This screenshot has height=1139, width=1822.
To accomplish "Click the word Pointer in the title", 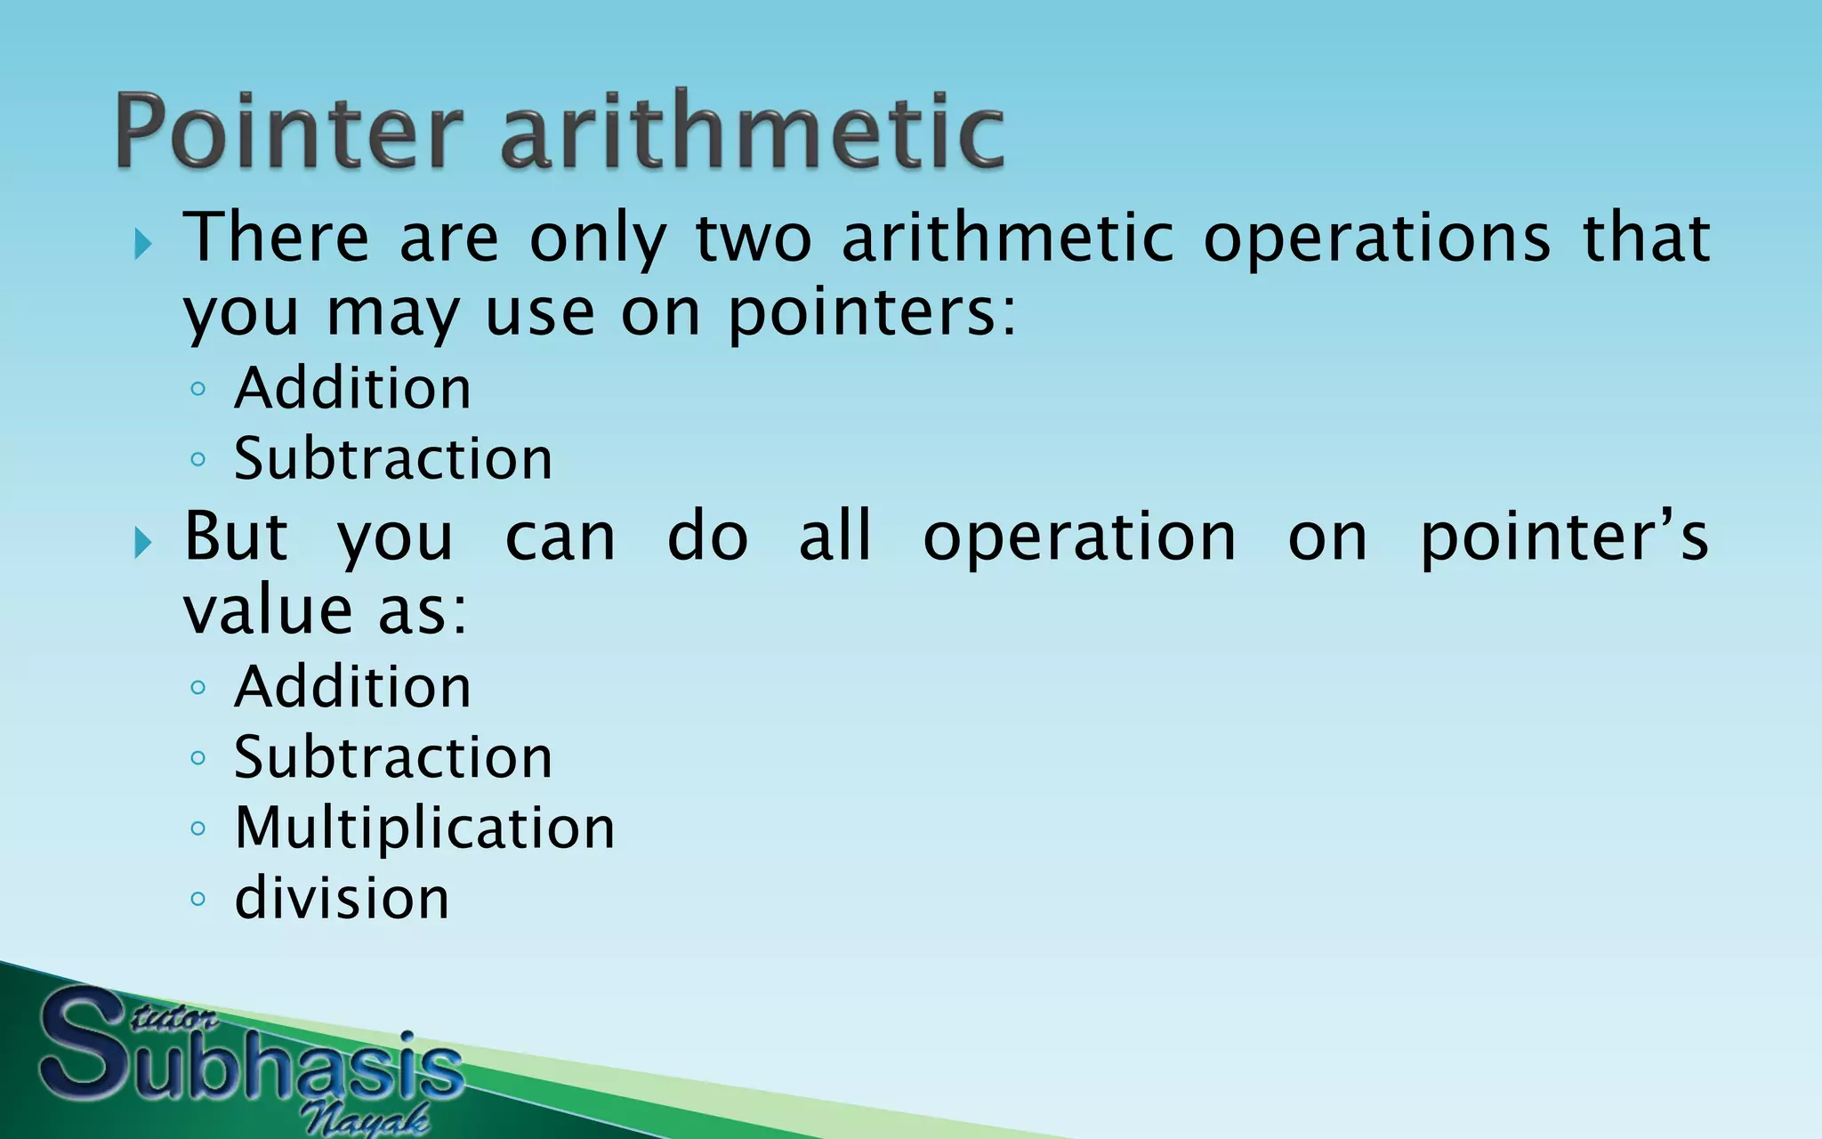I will point(289,132).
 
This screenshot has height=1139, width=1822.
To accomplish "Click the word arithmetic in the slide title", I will point(752,132).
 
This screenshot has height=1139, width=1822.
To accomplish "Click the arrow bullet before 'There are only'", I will point(143,242).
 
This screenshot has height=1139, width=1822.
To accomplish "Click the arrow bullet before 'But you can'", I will point(143,541).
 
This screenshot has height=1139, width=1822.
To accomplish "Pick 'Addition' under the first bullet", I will point(352,388).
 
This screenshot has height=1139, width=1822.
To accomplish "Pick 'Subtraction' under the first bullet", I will point(392,458).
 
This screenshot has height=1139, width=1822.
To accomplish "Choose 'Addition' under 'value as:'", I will point(352,687).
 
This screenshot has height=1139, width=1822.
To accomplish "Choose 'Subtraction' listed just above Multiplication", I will point(392,757).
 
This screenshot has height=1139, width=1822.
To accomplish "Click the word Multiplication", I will point(424,828).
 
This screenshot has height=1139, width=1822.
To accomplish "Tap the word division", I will point(342,898).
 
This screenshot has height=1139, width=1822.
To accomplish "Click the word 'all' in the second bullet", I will point(834,537).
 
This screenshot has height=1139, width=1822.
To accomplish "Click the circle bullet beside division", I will point(198,899).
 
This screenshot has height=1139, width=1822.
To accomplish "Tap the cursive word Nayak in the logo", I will point(365,1118).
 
